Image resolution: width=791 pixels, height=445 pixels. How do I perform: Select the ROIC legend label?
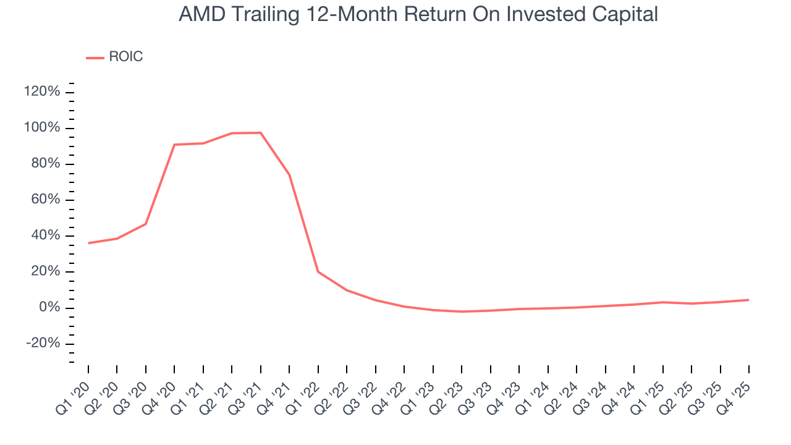[x=125, y=57]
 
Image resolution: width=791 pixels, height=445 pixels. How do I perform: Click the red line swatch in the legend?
[x=95, y=57]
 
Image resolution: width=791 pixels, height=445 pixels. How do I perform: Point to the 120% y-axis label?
[x=43, y=92]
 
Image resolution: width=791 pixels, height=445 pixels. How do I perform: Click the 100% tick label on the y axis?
[x=43, y=128]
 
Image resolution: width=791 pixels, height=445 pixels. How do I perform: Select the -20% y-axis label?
[x=43, y=344]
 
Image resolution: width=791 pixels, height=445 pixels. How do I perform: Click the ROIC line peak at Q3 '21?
[x=261, y=133]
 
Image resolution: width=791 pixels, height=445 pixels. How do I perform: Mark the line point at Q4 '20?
[x=174, y=145]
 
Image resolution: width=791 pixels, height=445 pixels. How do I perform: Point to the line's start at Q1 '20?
[x=88, y=243]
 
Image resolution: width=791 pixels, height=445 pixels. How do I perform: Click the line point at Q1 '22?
[x=318, y=272]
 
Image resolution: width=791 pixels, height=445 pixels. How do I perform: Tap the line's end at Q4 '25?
[x=749, y=300]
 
